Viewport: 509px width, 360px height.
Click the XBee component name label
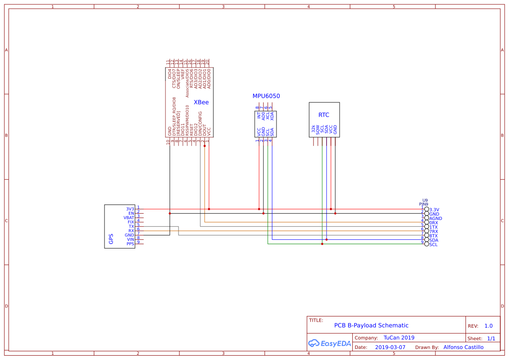point(201,103)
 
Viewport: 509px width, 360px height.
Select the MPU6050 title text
point(266,96)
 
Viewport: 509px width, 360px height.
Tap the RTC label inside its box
point(324,115)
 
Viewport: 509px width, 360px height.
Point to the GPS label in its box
point(111,239)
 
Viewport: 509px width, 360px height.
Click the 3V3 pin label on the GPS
point(130,209)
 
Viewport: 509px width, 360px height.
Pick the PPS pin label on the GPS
point(130,244)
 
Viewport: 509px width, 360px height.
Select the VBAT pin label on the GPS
point(129,218)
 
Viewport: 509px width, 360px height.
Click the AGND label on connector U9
point(435,219)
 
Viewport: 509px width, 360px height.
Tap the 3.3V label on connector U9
point(434,210)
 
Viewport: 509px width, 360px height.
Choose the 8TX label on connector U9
point(434,236)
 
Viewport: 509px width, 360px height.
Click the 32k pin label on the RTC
point(313,129)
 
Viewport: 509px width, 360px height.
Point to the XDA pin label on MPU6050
point(272,115)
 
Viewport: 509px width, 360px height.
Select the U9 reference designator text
point(425,200)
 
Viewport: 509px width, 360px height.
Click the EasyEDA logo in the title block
point(329,343)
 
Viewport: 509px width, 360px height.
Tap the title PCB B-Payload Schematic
point(371,326)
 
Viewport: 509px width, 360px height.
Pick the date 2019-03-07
point(390,347)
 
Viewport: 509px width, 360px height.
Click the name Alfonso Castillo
point(463,347)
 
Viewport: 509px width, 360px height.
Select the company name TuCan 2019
point(399,338)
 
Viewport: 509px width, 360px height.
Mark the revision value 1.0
point(488,326)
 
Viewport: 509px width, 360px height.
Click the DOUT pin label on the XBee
point(205,130)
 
